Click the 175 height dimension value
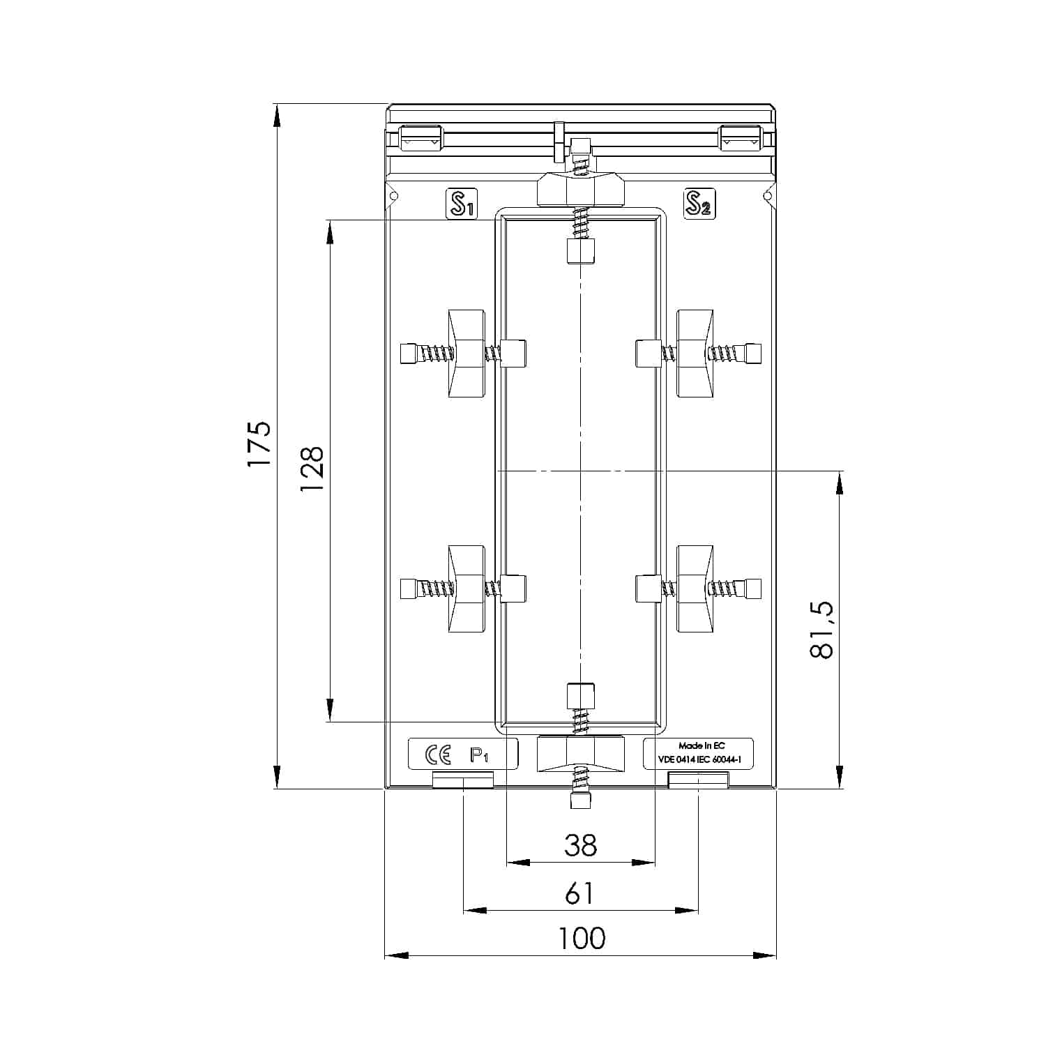coord(259,445)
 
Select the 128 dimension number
coord(312,469)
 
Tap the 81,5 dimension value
coord(822,629)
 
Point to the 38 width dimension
coord(581,845)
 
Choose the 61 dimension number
coord(579,893)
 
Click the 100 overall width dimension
coord(582,939)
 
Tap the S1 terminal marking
coord(462,203)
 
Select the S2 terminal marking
coord(699,203)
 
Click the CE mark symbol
coord(438,755)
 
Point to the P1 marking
coord(479,755)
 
